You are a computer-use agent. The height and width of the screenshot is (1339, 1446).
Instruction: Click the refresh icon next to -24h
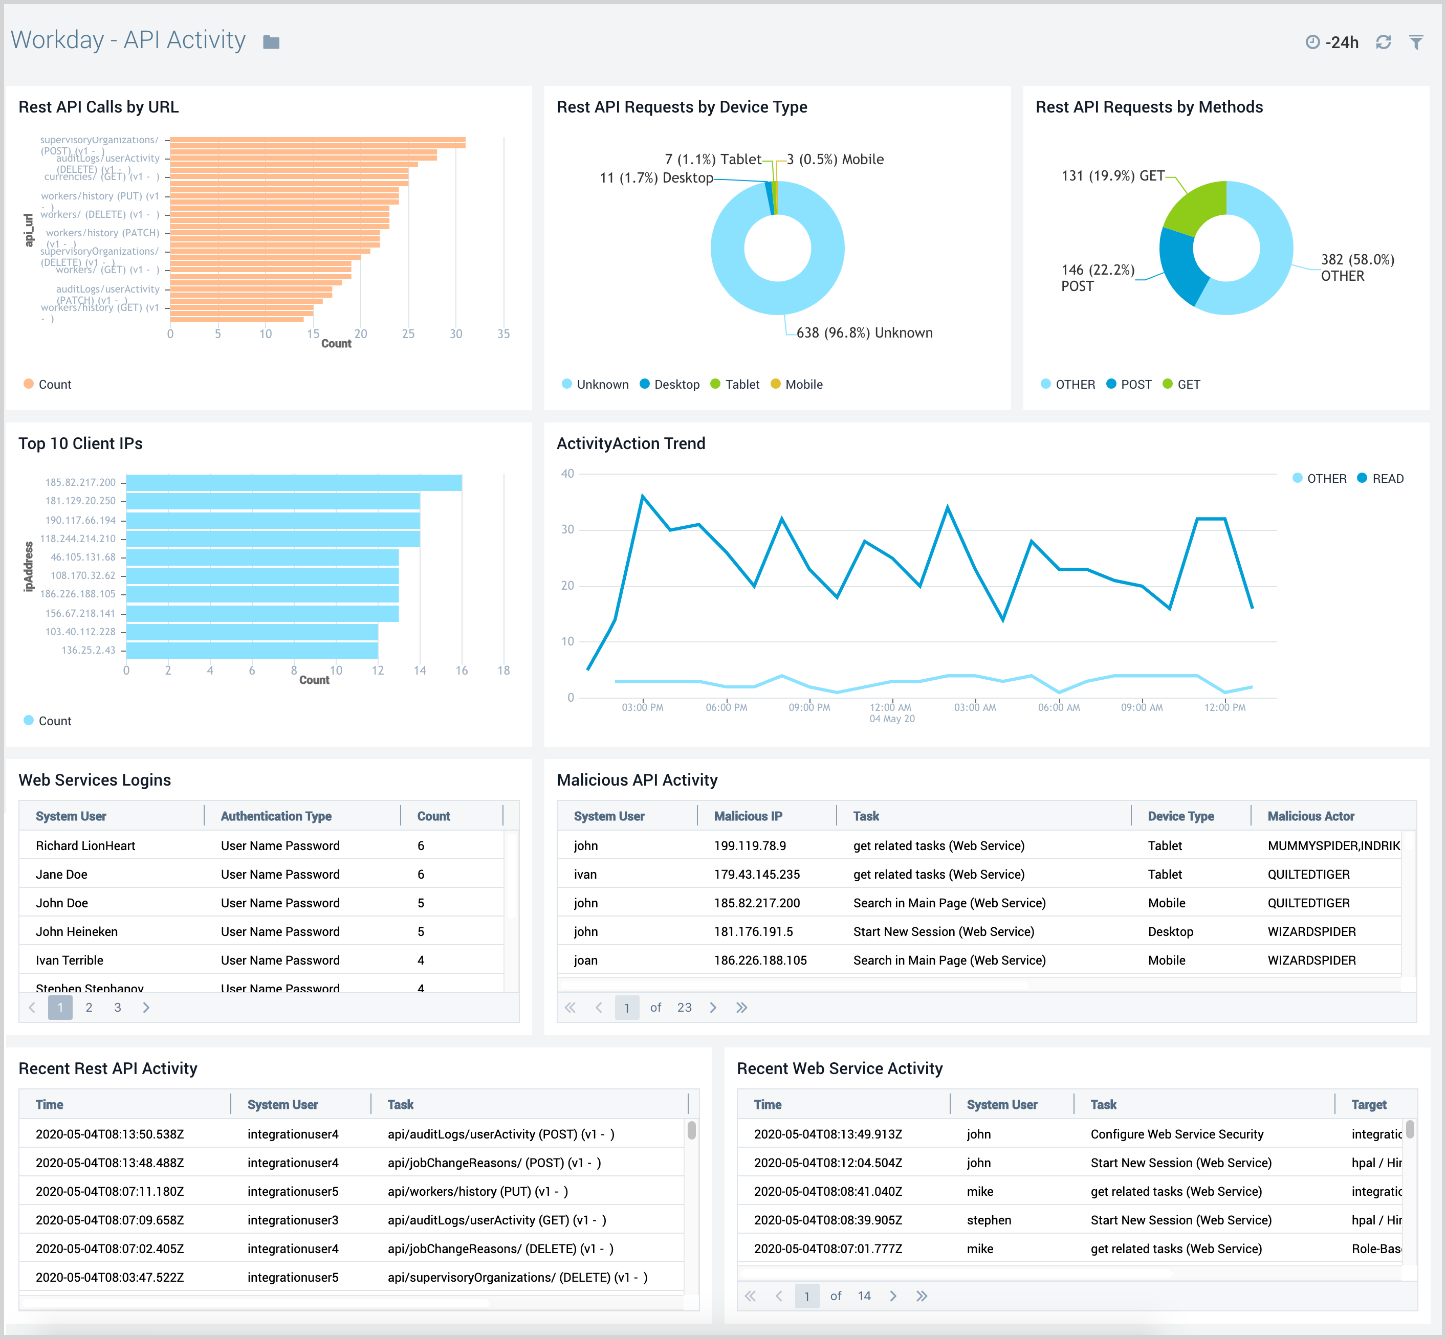pyautogui.click(x=1383, y=42)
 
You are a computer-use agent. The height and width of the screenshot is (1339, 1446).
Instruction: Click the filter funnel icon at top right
pyautogui.click(x=1416, y=42)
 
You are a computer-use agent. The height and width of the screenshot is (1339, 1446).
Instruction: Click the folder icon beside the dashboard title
pyautogui.click(x=271, y=42)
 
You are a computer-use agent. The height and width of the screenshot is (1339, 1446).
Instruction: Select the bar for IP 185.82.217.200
pyautogui.click(x=294, y=483)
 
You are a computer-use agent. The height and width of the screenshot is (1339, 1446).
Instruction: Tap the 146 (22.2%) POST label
pyautogui.click(x=1097, y=278)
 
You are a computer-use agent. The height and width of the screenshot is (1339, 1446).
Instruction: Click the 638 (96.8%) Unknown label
pyautogui.click(x=864, y=332)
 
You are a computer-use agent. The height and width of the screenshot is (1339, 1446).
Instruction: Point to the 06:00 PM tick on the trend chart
pyautogui.click(x=726, y=707)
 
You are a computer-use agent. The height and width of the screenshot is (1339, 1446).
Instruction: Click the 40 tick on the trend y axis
pyautogui.click(x=567, y=474)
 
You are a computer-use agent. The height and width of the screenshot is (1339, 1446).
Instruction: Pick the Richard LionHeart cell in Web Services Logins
pyautogui.click(x=85, y=845)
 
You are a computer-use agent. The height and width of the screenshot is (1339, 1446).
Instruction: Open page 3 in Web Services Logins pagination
pyautogui.click(x=117, y=1007)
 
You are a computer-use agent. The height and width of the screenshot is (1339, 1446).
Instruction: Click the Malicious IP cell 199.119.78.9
pyautogui.click(x=750, y=845)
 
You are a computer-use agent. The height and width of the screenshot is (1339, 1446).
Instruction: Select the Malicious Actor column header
pyautogui.click(x=1310, y=816)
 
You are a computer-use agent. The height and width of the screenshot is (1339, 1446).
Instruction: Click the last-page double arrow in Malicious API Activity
pyautogui.click(x=741, y=1007)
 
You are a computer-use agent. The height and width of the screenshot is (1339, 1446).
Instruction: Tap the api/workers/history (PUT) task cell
pyautogui.click(x=477, y=1191)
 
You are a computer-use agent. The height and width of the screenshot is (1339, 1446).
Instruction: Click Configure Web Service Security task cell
pyautogui.click(x=1176, y=1134)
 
